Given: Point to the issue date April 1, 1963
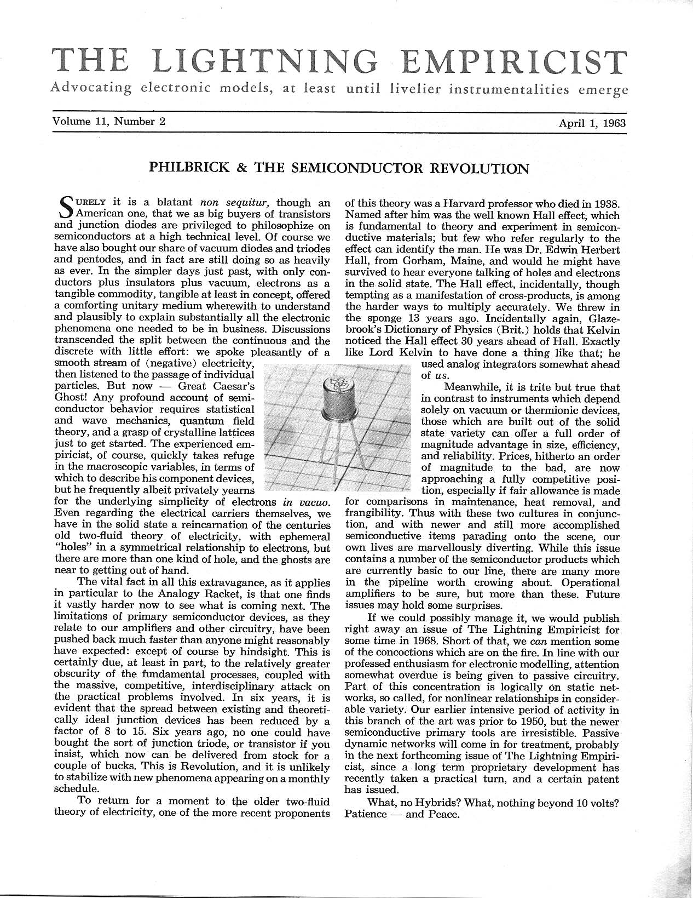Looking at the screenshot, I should click(x=592, y=123).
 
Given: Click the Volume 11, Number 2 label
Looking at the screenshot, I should click(x=108, y=122).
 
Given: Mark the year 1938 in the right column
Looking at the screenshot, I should click(x=605, y=203).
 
